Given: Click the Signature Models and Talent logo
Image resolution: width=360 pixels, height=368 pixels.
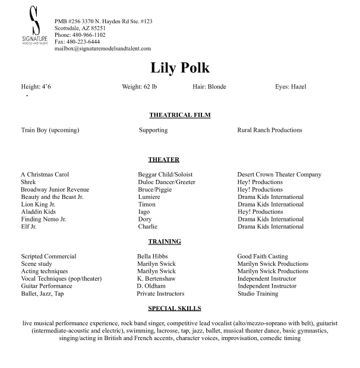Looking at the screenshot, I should (34, 28).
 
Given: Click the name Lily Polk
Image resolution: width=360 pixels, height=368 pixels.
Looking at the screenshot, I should (180, 68).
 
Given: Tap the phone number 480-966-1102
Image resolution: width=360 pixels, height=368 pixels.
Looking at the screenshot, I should (80, 35).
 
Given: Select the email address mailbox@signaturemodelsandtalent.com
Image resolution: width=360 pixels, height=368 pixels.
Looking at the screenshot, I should (103, 49).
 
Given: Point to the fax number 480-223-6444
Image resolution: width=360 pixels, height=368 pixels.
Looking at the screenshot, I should (77, 42).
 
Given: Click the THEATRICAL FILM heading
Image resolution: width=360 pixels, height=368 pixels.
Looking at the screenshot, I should (180, 115).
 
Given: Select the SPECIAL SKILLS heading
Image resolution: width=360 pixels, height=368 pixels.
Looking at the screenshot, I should (175, 309).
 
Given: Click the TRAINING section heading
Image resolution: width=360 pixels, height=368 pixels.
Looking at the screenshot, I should (165, 242).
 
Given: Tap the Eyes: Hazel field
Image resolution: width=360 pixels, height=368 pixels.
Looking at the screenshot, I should (290, 87).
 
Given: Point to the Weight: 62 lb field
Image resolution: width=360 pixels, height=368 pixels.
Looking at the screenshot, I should (139, 87).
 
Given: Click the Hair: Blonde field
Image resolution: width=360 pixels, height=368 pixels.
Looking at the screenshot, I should (209, 87).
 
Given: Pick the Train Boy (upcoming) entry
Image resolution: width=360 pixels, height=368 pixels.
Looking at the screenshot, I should (50, 130).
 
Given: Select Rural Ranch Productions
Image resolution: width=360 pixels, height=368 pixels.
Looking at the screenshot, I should (270, 130).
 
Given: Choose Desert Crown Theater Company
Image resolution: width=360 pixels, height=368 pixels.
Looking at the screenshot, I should (279, 175).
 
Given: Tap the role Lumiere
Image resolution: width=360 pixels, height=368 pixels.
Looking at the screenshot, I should (149, 197).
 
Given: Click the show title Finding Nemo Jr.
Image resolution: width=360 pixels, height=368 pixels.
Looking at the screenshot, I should (43, 219).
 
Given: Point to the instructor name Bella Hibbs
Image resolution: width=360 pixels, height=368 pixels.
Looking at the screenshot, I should (153, 256).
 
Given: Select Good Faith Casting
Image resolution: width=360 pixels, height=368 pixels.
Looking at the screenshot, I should (263, 256).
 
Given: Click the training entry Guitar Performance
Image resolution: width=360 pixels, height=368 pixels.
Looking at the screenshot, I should (46, 286).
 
